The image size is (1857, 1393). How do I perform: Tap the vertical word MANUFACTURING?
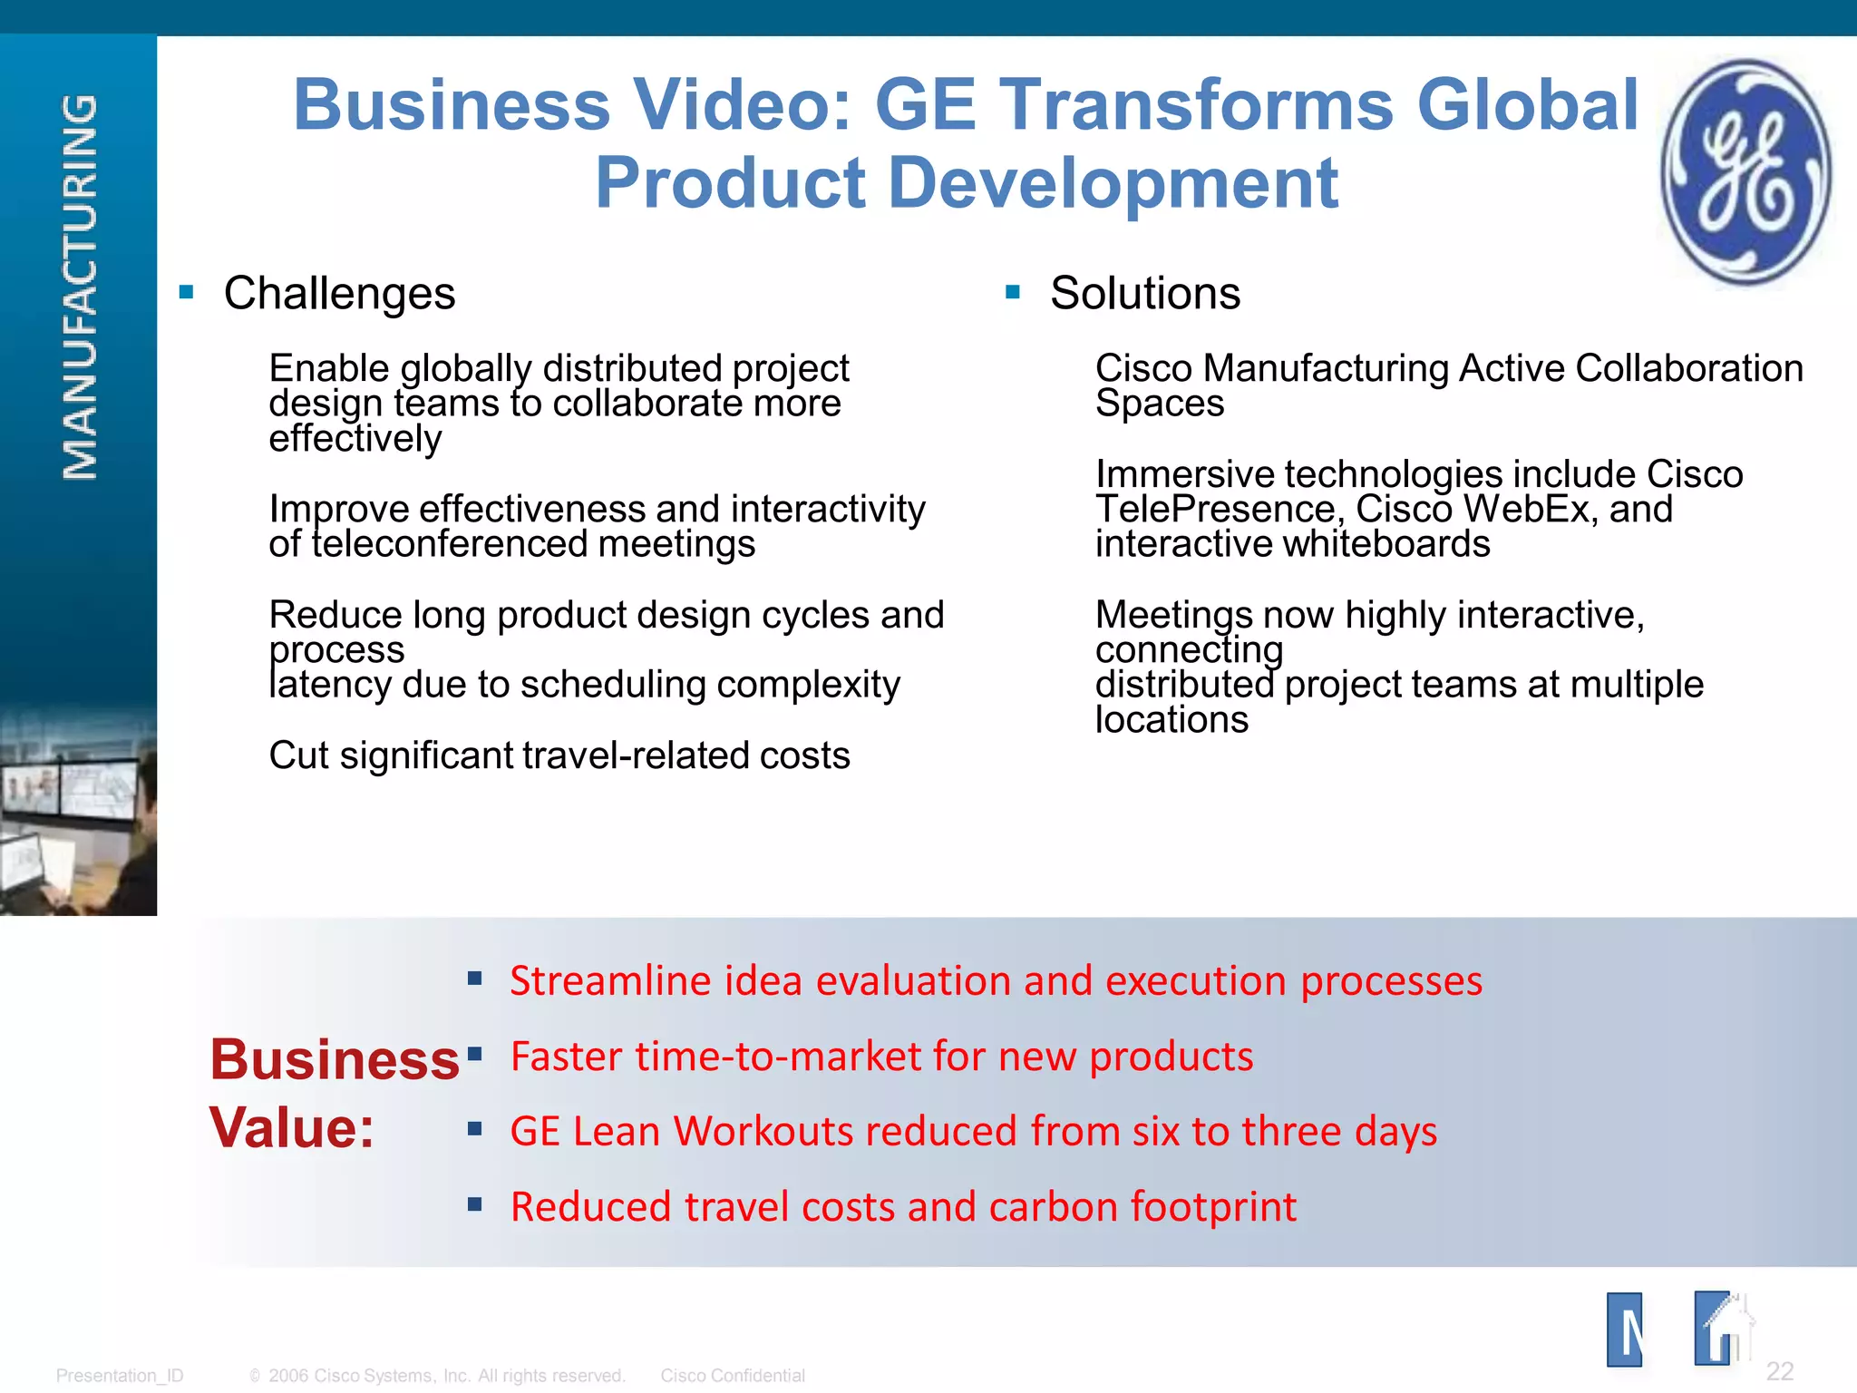[80, 287]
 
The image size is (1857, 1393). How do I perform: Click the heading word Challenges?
[339, 294]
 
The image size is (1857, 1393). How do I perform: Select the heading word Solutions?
[1144, 294]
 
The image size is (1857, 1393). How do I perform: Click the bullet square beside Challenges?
[187, 292]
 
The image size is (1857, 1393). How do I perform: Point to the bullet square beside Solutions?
[1013, 292]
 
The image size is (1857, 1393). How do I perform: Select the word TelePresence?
[1218, 510]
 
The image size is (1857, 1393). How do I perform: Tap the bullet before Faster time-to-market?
[474, 1054]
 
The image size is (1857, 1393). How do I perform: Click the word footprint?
[1213, 1207]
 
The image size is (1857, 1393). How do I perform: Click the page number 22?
[1779, 1370]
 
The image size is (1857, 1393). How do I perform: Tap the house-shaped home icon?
[1723, 1330]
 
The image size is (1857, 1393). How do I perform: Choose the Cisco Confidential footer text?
[733, 1376]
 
